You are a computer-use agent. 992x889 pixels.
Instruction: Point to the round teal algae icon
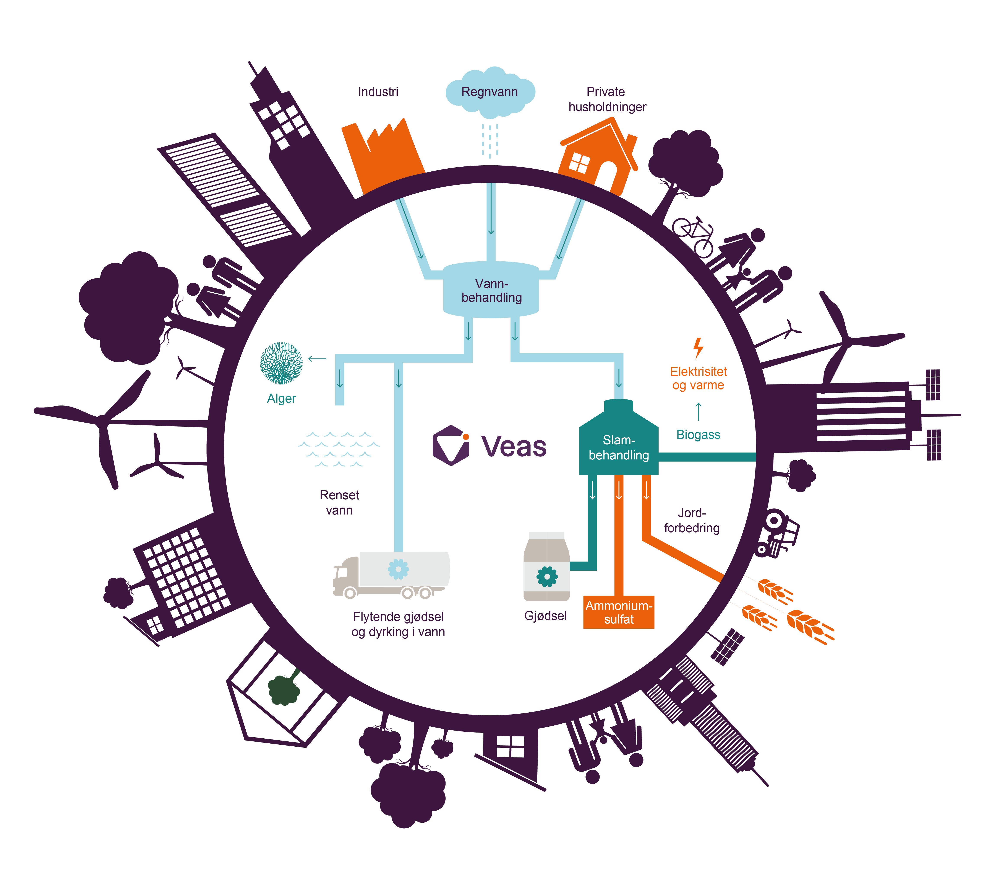281,363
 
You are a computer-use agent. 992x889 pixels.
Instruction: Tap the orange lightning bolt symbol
699,348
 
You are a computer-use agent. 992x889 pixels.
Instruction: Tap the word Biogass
698,435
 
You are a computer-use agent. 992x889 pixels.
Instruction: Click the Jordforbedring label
692,520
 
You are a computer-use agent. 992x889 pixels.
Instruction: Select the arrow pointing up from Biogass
699,411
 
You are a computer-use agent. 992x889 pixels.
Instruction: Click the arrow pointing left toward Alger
317,359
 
